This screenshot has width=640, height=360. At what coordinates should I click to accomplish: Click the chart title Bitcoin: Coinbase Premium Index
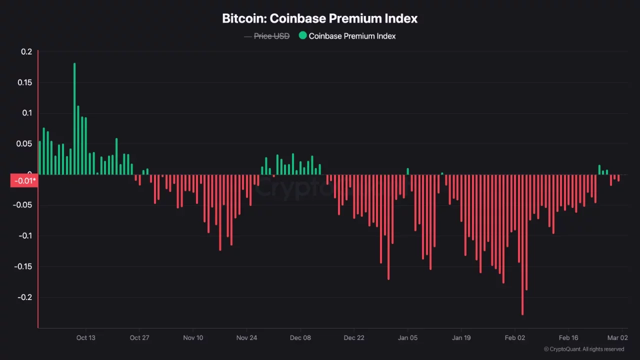(x=319, y=18)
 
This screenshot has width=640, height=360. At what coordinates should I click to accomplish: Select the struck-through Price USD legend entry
(x=271, y=36)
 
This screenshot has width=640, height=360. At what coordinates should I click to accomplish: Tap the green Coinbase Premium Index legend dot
(x=302, y=35)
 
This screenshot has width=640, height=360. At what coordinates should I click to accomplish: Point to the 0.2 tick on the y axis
(x=26, y=52)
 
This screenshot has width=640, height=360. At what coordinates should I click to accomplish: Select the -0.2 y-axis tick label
(x=24, y=297)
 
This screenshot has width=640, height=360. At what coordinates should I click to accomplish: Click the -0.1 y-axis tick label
(x=24, y=235)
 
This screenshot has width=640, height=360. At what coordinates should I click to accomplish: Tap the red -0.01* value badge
(x=24, y=180)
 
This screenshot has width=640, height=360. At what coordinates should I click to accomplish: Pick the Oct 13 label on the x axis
(x=85, y=337)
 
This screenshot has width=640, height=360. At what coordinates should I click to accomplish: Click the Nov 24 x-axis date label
(x=246, y=337)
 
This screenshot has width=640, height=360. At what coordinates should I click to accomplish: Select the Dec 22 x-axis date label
(x=354, y=337)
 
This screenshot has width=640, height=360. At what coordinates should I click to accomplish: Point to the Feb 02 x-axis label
(x=515, y=337)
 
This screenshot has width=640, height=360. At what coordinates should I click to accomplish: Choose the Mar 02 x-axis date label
(x=617, y=337)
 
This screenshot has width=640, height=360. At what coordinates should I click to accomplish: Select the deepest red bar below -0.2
(x=522, y=245)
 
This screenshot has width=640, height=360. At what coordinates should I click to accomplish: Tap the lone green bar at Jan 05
(x=407, y=171)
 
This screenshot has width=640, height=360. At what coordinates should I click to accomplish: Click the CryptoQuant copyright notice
(x=584, y=349)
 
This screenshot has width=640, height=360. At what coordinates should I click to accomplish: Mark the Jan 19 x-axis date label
(x=461, y=337)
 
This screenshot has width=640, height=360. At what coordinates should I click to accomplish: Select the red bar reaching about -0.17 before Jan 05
(x=388, y=227)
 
